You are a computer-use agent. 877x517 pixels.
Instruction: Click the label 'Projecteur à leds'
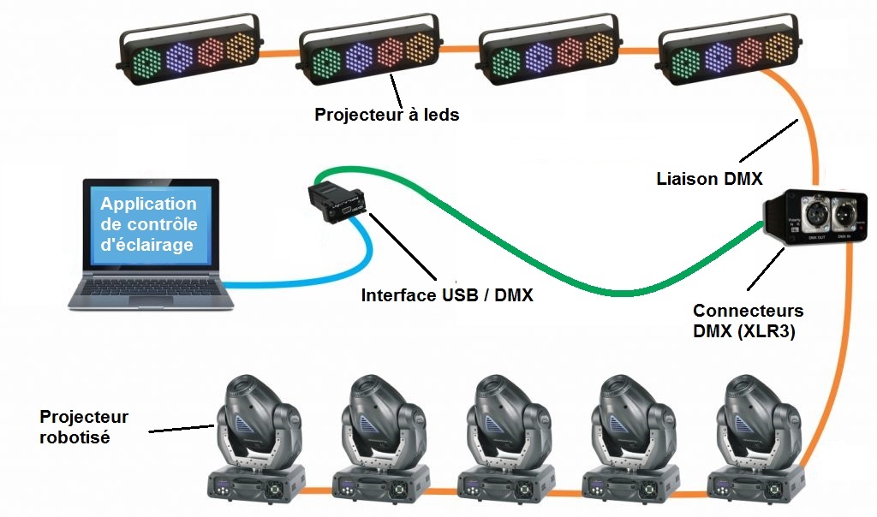pos(387,115)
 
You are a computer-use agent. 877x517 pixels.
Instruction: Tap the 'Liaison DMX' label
pos(709,179)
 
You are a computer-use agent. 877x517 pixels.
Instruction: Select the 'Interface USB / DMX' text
pos(447,296)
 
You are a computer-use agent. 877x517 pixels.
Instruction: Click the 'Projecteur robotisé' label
pos(84,426)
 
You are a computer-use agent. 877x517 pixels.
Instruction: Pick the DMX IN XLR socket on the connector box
pos(843,211)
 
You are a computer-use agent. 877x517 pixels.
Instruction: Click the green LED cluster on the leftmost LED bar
pos(147,62)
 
